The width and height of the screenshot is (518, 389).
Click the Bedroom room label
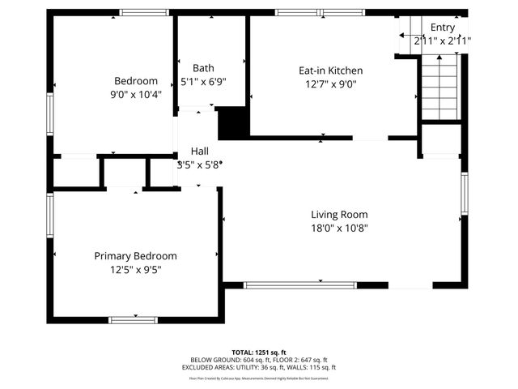pos(136,81)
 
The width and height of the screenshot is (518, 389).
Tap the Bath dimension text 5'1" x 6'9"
pos(203,81)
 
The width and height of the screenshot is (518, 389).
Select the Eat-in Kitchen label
pos(330,71)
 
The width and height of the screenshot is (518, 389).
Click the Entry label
pos(442,27)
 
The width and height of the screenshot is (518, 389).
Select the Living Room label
pos(339,215)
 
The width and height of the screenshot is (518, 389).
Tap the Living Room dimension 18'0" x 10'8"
pos(339,228)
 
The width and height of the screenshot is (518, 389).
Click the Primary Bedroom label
pos(135,256)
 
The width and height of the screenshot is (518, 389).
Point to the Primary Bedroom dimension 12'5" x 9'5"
pos(135,270)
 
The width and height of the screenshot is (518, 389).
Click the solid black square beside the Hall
pos(233,123)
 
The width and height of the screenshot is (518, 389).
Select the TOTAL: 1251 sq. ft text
pos(258,353)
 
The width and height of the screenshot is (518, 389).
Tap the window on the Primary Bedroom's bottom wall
pos(133,319)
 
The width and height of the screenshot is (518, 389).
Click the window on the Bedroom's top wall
pos(144,12)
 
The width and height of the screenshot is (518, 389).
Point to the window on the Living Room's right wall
pos(465,195)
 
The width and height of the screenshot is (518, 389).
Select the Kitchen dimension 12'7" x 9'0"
pos(330,83)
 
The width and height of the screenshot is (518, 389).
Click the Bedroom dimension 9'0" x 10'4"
pos(136,94)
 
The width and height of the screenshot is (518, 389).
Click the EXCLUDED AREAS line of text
pos(258,367)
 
